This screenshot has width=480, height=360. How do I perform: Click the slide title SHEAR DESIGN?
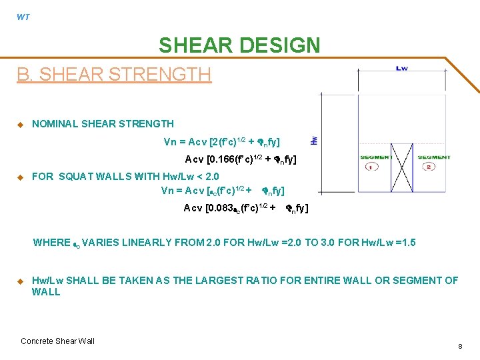tap(239, 45)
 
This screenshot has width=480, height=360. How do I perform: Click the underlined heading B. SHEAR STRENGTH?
tap(114, 74)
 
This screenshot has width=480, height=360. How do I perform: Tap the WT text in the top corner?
tap(23, 17)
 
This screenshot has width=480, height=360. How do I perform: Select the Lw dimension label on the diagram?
tap(402, 68)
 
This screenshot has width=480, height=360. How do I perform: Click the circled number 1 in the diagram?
tap(369, 167)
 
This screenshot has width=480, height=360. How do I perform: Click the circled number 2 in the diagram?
tap(428, 167)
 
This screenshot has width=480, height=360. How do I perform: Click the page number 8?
tap(460, 347)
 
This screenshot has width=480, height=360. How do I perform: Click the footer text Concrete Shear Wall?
tap(57, 341)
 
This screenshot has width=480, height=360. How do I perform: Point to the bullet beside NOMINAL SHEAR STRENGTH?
tap(20, 124)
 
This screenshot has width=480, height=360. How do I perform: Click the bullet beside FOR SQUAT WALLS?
tap(20, 177)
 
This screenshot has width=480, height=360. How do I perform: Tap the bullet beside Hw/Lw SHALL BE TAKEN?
tap(20, 281)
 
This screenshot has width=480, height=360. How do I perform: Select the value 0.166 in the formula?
tap(224, 159)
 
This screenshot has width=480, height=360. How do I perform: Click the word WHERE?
tap(51, 243)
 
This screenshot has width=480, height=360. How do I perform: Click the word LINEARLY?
tap(169, 243)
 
